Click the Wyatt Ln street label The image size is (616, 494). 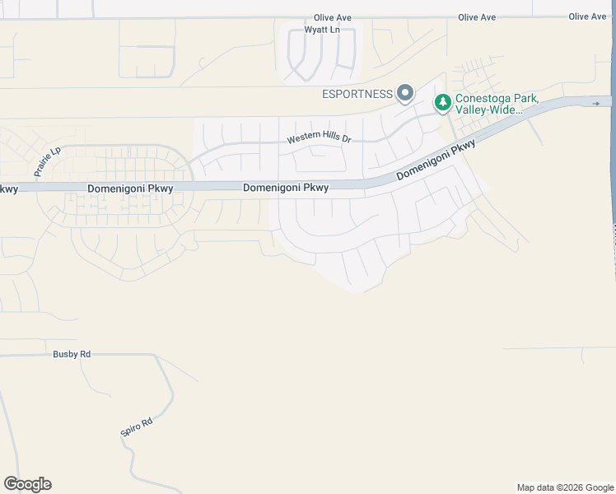tap(322, 30)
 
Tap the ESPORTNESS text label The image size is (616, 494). tap(357, 94)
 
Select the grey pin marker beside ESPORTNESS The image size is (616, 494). tap(404, 93)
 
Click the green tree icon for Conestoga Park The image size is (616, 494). tap(443, 102)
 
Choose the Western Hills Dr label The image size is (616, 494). tap(319, 139)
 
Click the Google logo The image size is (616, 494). tap(27, 484)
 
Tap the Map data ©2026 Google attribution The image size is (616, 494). tap(565, 487)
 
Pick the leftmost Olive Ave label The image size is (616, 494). tap(333, 17)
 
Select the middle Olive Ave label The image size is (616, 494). tap(477, 17)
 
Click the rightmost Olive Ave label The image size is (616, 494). tap(587, 16)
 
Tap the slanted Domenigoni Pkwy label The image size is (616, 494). tap(436, 160)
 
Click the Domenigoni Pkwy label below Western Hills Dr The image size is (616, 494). tap(286, 188)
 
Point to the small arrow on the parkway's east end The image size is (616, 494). tap(596, 103)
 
